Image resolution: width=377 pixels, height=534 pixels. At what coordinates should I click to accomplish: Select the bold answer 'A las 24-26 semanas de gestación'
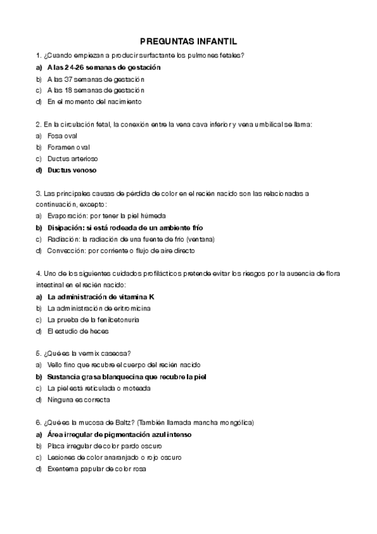[x=104, y=67]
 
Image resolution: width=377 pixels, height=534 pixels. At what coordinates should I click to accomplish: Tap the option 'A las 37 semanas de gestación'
[x=96, y=79]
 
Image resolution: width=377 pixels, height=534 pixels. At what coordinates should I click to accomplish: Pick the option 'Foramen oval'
[x=69, y=147]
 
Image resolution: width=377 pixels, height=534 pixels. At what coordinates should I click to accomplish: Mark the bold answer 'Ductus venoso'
[x=72, y=169]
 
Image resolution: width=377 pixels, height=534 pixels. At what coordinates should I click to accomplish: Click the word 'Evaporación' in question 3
[x=65, y=216]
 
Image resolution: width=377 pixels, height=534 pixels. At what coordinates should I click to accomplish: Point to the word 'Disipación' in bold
[x=64, y=227]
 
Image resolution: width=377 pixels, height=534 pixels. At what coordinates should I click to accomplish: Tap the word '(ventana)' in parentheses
[x=201, y=239]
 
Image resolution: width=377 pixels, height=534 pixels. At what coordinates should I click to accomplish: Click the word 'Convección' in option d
[x=64, y=251]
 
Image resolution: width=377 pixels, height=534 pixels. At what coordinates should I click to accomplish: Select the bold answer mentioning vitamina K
[x=101, y=297]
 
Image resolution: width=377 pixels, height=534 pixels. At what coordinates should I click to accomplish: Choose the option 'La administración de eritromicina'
[x=99, y=308]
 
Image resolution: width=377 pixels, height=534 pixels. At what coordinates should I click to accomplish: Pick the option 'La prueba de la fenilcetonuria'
[x=93, y=319]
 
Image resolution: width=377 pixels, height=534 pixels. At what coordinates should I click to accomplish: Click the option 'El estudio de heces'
[x=78, y=331]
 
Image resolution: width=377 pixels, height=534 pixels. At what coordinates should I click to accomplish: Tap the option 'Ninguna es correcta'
[x=79, y=400]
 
